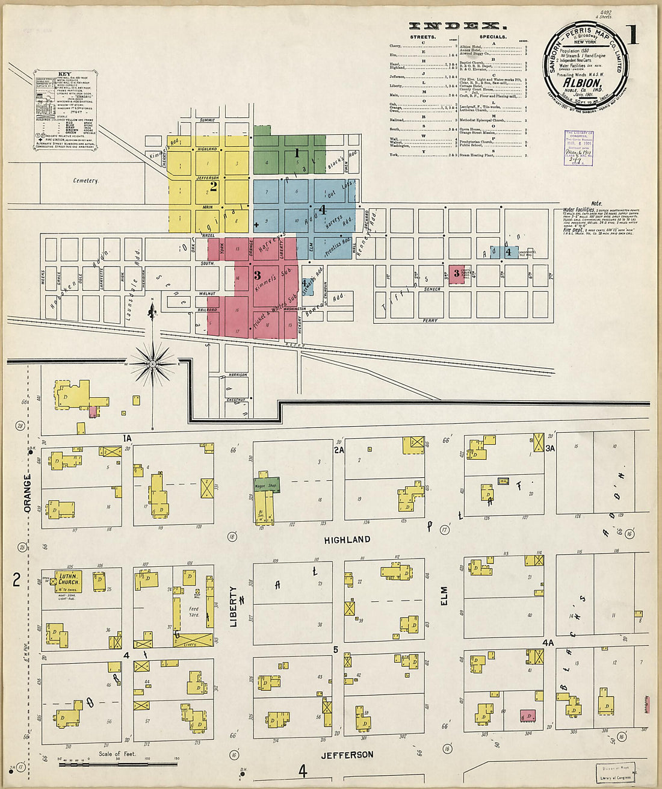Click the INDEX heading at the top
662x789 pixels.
pos(457,26)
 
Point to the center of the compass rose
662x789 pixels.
pos(153,364)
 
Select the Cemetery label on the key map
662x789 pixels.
pos(85,181)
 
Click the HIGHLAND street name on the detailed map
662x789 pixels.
pos(347,540)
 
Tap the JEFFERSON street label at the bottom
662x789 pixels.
pos(347,755)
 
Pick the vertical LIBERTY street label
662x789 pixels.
pos(234,607)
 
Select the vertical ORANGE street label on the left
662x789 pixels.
pos(27,494)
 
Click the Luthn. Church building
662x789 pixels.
pos(69,579)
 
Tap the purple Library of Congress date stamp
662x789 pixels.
pos(579,148)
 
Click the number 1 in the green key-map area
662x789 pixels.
pos(296,153)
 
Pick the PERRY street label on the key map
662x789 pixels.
pos(430,320)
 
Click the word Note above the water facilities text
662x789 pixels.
pos(596,203)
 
